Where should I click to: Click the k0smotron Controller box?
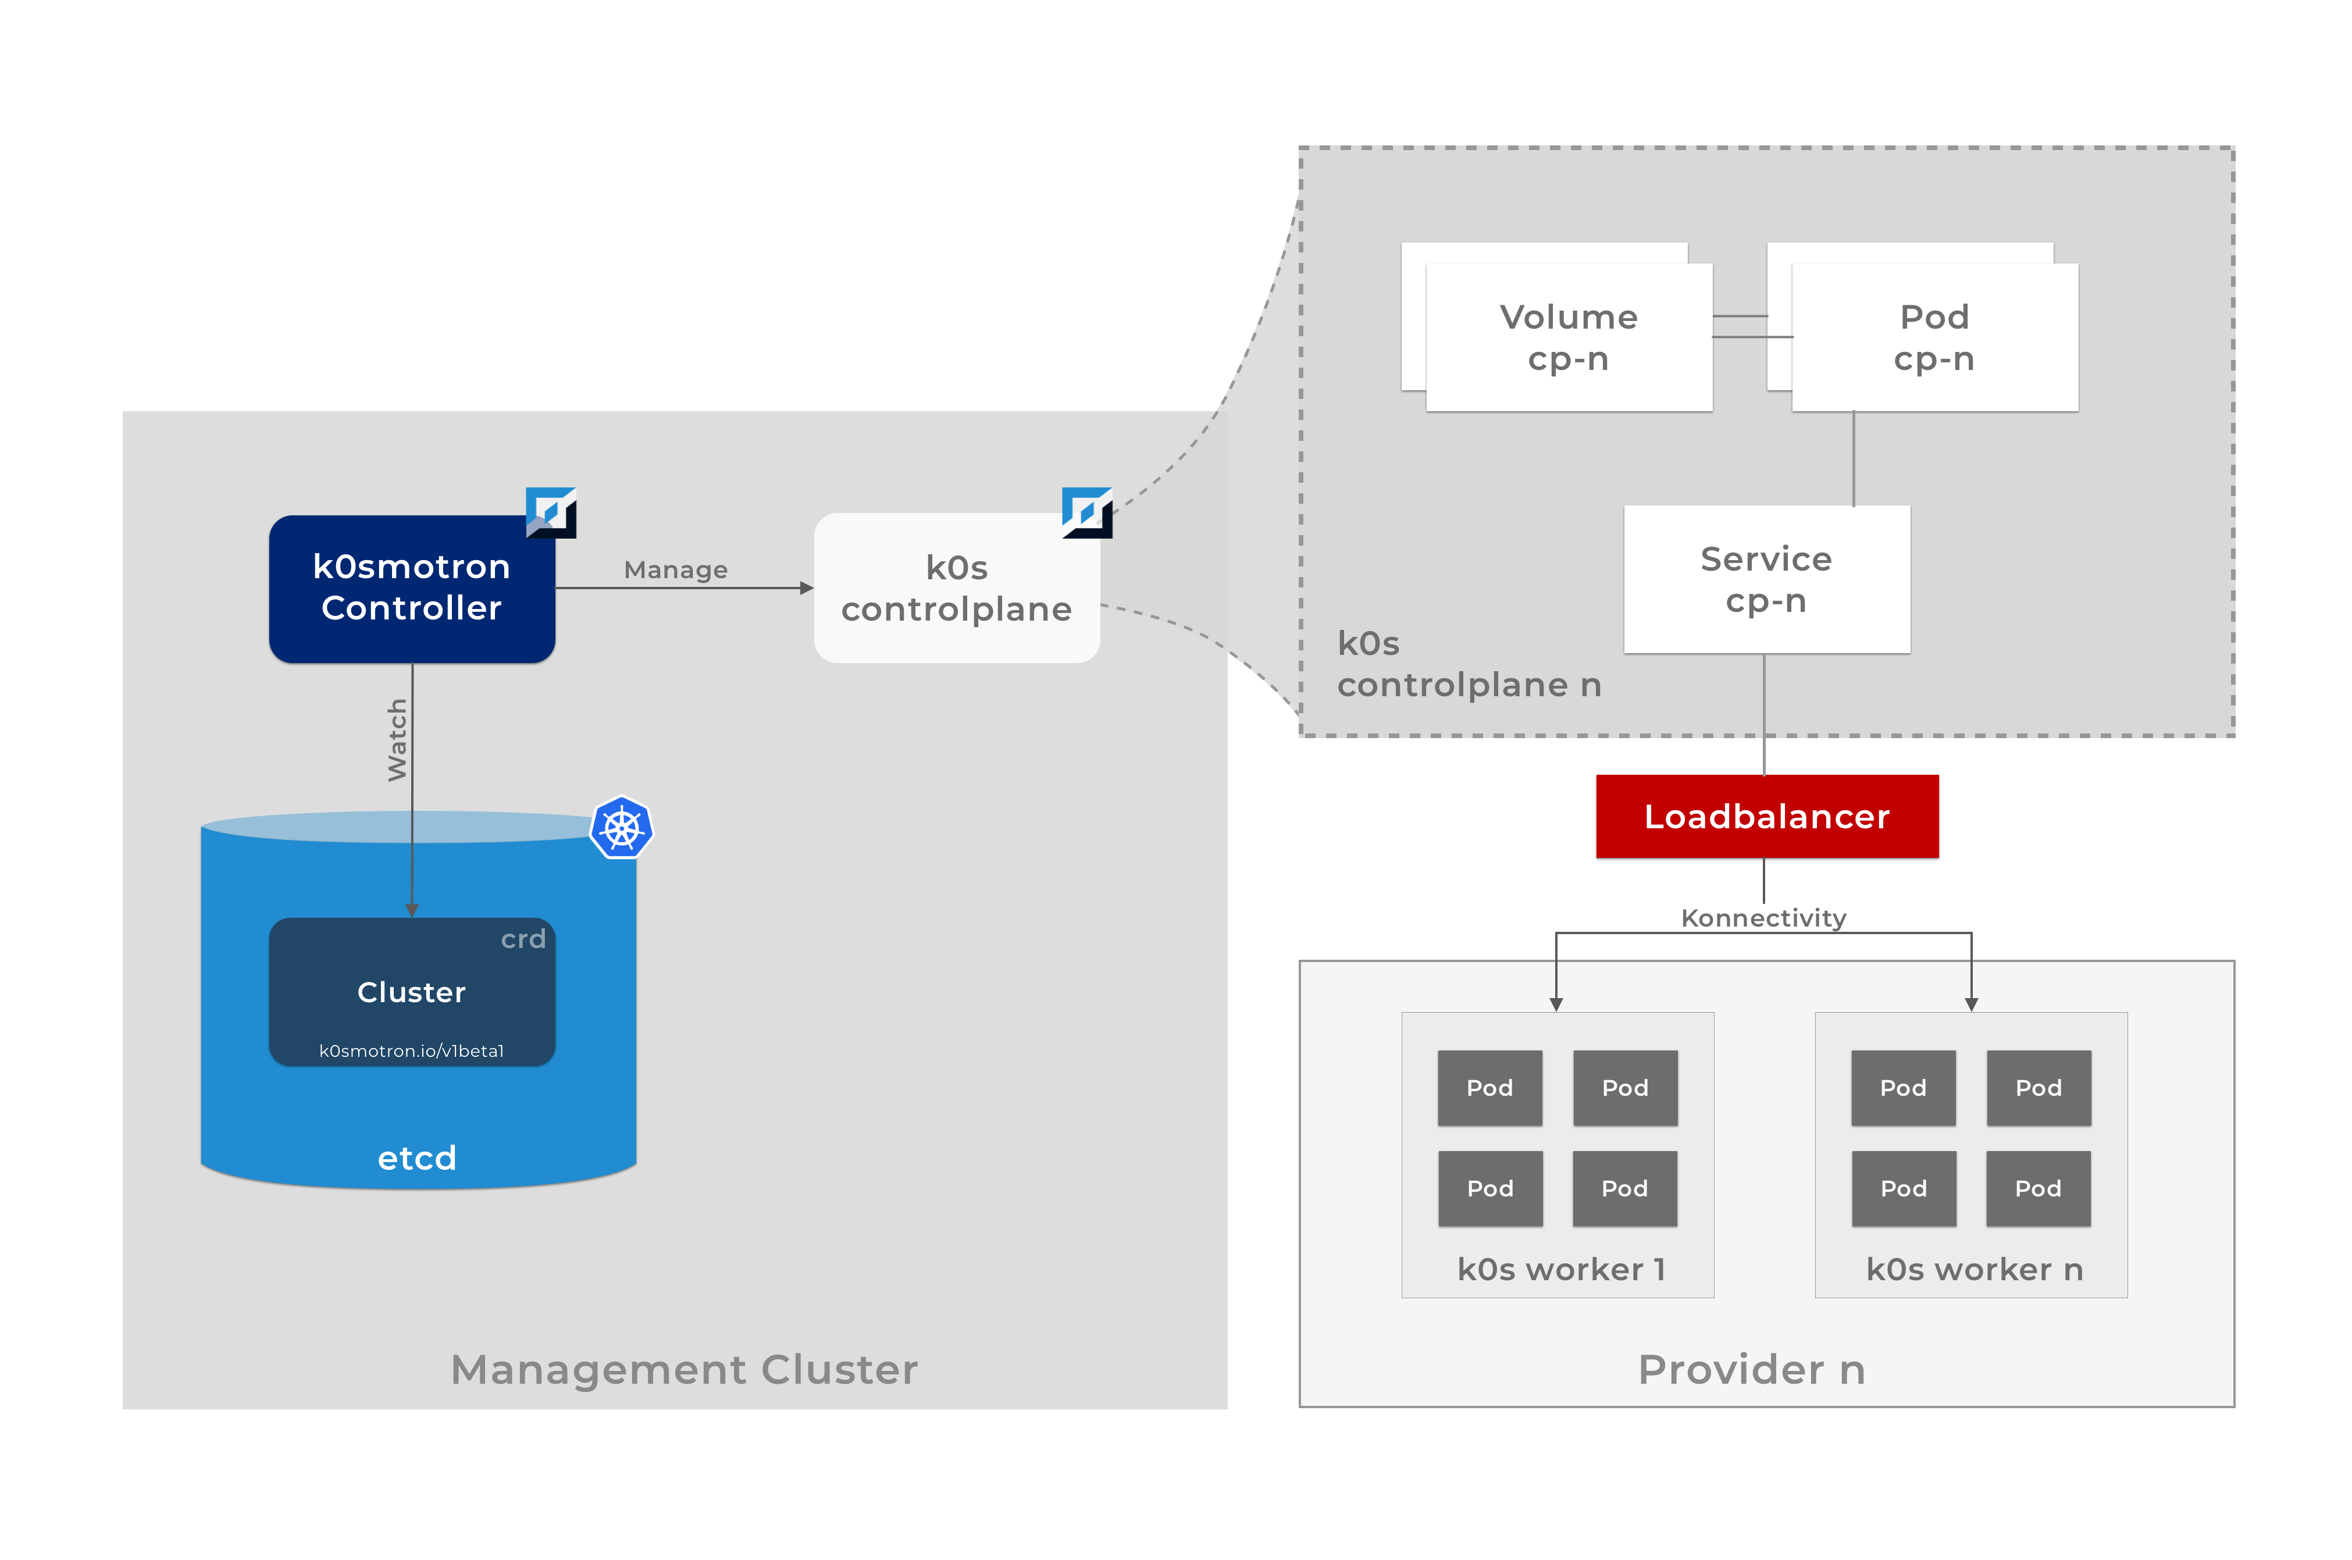click(412, 588)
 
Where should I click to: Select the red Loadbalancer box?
click(1766, 816)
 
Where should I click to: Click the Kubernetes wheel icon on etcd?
click(622, 828)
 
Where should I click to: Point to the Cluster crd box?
click(412, 991)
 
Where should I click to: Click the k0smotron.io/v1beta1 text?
click(412, 1050)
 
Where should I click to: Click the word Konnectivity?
click(1763, 917)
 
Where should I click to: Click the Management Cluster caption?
click(684, 1369)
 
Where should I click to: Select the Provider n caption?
click(1751, 1369)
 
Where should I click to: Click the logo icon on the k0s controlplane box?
click(1087, 512)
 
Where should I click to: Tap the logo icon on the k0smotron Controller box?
click(551, 512)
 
